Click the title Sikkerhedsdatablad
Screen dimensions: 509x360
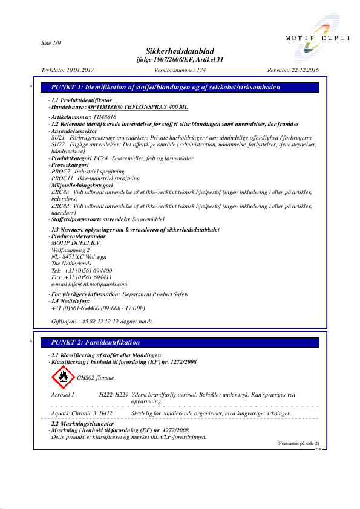180,51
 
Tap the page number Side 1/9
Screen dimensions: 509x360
51,42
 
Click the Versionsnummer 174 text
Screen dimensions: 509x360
180,71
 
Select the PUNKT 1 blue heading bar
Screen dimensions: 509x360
184,88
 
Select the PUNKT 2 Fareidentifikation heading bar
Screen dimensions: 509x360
184,343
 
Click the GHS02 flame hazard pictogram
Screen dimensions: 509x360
62,377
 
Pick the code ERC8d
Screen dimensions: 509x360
60,206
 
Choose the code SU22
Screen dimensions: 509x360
57,145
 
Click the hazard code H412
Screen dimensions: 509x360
106,413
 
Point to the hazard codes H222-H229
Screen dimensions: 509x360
113,394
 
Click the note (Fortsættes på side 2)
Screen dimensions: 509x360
298,444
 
